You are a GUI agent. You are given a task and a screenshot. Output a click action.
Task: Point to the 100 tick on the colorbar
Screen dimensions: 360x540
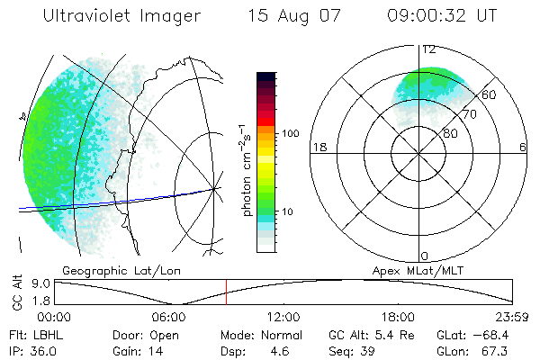[290, 132]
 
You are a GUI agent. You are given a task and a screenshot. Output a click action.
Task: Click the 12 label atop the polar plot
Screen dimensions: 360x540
[429, 49]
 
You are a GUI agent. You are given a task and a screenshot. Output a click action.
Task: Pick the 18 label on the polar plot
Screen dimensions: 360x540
[318, 148]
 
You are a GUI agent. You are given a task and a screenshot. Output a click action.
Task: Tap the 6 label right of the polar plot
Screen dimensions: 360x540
[523, 148]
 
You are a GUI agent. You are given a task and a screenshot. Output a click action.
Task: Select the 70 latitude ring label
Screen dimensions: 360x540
[469, 114]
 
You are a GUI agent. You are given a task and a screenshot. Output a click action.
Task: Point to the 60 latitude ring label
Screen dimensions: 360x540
[489, 94]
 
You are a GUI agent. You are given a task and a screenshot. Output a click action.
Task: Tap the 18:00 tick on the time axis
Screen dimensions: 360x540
[398, 317]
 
